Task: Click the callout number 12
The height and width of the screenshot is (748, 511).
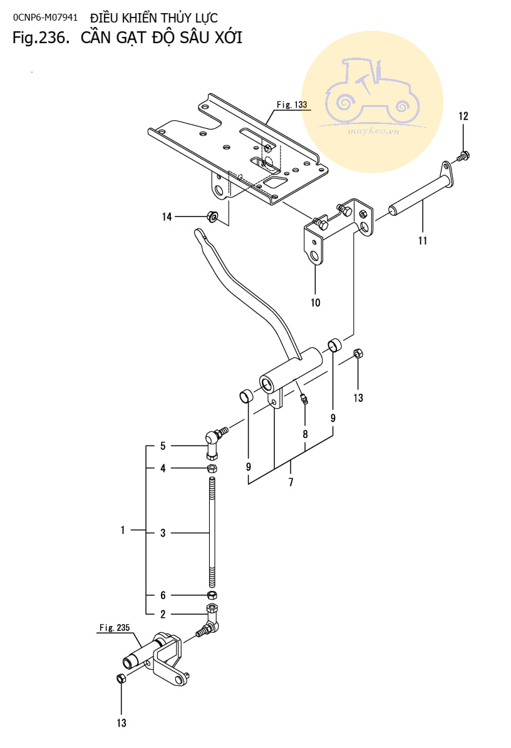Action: [x=463, y=116]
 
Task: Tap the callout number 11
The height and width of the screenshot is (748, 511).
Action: [x=423, y=240]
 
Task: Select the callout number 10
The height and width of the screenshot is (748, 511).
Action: [x=316, y=302]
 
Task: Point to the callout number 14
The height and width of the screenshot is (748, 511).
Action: [x=167, y=217]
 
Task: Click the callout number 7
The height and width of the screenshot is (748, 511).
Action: [x=291, y=483]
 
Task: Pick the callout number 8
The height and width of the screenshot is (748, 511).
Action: [x=306, y=434]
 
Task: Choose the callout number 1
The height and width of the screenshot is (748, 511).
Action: [x=123, y=530]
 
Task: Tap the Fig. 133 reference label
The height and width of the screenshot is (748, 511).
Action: [x=292, y=105]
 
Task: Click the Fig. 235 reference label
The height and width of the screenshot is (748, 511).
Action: [x=115, y=628]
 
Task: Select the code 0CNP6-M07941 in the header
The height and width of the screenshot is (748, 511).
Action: [x=45, y=18]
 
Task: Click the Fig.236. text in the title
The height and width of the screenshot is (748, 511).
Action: [x=41, y=38]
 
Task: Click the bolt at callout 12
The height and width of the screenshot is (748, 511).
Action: [x=462, y=155]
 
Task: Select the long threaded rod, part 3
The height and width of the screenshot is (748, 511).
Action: [x=212, y=532]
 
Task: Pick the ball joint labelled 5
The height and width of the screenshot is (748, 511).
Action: [x=215, y=442]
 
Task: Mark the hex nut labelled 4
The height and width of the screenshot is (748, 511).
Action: [x=212, y=468]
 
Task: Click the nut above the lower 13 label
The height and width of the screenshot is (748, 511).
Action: [x=121, y=679]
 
